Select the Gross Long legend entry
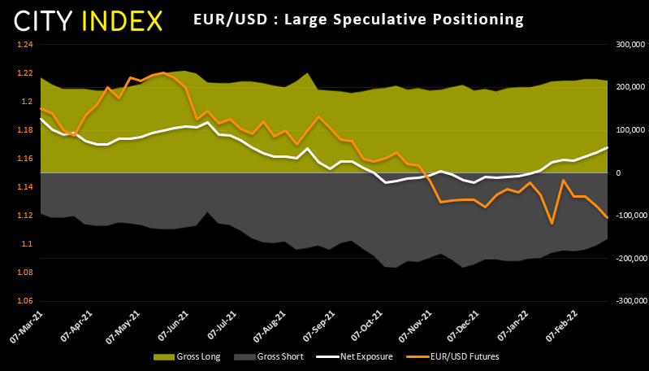(x=175, y=356)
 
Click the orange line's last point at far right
(x=608, y=217)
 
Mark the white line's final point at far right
(x=608, y=147)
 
